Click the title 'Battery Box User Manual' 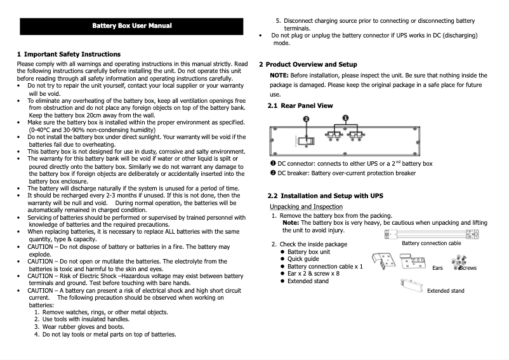(x=131, y=26)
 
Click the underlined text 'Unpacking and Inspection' (x=306, y=207)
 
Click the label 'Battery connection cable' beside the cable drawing (x=432, y=243)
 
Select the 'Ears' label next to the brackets (x=437, y=268)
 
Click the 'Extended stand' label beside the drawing (x=445, y=291)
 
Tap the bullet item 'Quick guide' (x=303, y=259)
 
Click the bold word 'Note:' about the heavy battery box (x=291, y=223)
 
